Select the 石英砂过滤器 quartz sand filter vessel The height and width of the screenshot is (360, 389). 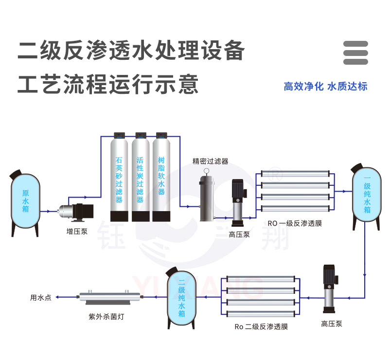[119, 178]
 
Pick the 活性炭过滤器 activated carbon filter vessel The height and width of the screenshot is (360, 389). [140, 178]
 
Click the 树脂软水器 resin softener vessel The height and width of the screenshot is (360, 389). [161, 178]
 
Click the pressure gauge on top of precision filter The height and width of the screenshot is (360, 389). [207, 171]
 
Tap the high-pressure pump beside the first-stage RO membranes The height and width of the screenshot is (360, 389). [239, 202]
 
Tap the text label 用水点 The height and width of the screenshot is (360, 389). [41, 297]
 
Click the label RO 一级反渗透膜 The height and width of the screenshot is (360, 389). [295, 224]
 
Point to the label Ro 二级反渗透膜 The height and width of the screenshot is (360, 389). [261, 326]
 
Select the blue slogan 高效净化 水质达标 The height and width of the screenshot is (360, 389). [325, 87]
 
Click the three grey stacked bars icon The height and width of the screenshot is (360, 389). [355, 53]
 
